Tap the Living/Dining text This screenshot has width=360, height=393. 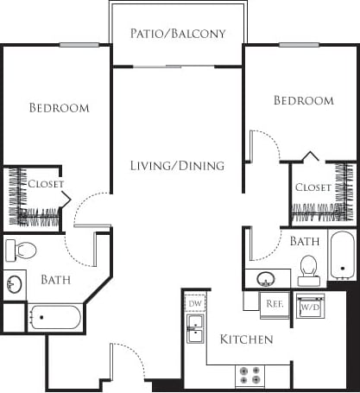(177, 165)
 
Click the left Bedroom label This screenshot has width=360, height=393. (59, 108)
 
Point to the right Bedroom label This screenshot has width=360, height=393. (303, 101)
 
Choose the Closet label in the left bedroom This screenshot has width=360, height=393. (45, 183)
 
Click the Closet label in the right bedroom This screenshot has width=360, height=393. (313, 187)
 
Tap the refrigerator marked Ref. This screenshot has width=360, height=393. (275, 304)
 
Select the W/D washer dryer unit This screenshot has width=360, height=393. (310, 305)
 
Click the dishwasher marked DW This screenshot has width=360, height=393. (194, 304)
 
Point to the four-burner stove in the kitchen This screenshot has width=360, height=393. (250, 376)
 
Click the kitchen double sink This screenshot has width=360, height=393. (195, 327)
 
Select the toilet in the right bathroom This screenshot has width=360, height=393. (308, 269)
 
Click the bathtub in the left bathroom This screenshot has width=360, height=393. (56, 317)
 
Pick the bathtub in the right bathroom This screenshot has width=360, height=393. (342, 254)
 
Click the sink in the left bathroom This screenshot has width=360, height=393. (14, 284)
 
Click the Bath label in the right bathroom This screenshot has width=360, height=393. (305, 241)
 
